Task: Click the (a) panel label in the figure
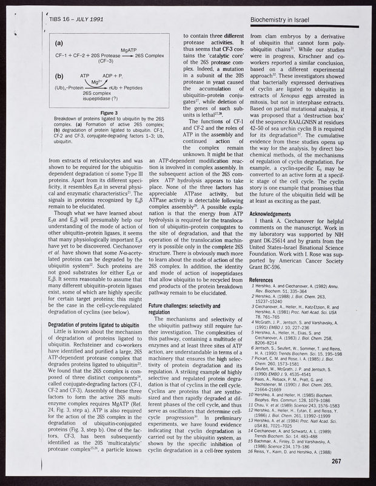(x=61, y=44)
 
